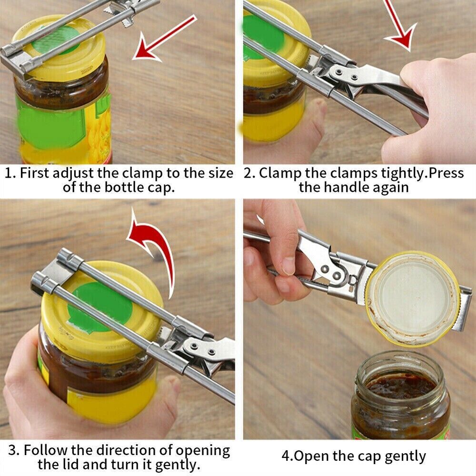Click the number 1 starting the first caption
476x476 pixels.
9,173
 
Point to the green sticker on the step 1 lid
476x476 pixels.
56,40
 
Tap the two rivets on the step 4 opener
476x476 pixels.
331,272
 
